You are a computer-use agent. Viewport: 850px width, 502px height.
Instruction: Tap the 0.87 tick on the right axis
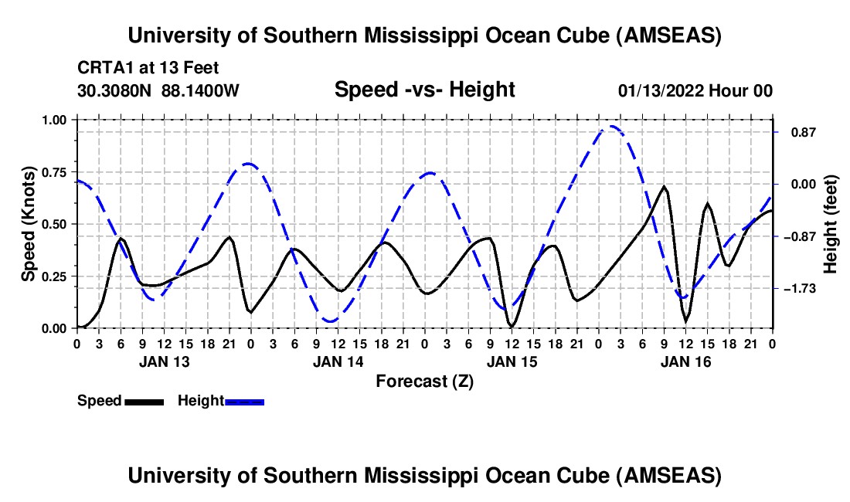[x=797, y=132]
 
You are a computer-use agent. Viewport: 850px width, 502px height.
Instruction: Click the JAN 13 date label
[x=163, y=361]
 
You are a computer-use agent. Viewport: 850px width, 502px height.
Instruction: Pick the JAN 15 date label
[x=512, y=361]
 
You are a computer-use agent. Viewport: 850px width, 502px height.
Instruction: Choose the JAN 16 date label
[x=685, y=361]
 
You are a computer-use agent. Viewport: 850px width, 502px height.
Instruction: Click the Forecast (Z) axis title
[x=424, y=381]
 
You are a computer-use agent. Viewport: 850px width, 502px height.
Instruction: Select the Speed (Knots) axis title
[x=28, y=224]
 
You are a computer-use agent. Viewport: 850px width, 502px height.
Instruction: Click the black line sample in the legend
[x=144, y=402]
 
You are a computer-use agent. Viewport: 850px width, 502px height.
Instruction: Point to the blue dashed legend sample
[x=245, y=402]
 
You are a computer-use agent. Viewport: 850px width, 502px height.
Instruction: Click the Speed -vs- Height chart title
[x=424, y=90]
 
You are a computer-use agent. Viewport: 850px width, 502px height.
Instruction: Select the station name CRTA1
[x=103, y=67]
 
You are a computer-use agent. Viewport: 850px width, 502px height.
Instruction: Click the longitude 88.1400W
[x=201, y=90]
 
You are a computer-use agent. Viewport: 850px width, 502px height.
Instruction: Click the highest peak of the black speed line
[x=664, y=186]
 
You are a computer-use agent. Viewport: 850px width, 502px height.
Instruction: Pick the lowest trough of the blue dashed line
[x=331, y=321]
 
